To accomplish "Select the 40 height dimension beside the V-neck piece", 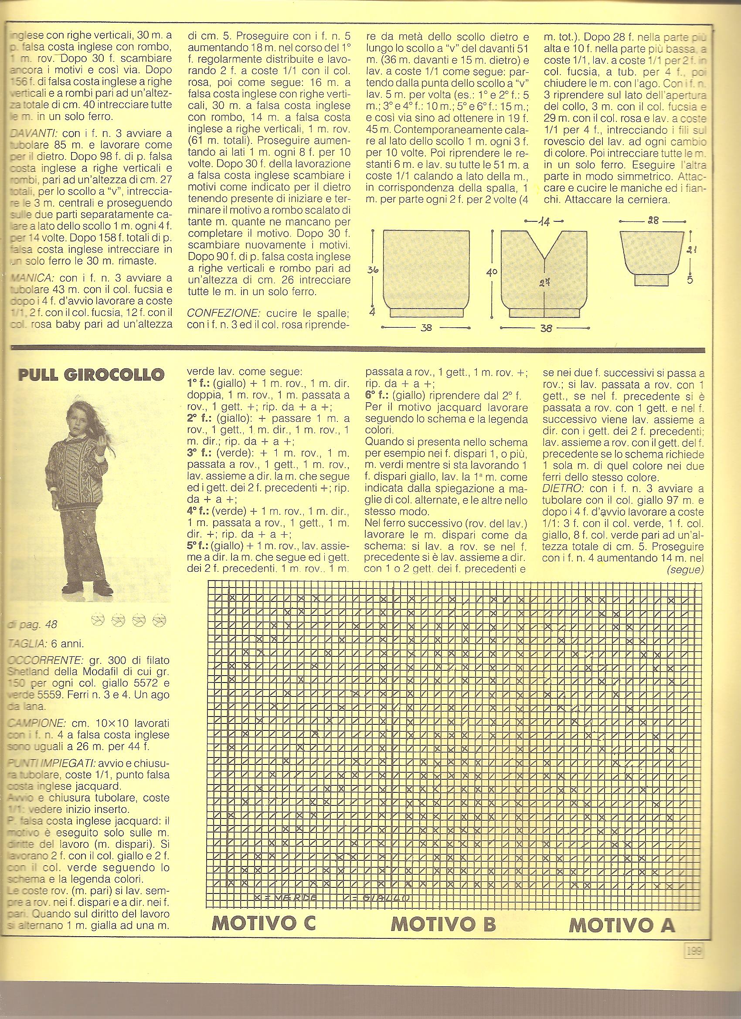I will [493, 272].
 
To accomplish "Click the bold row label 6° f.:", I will [377, 396].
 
